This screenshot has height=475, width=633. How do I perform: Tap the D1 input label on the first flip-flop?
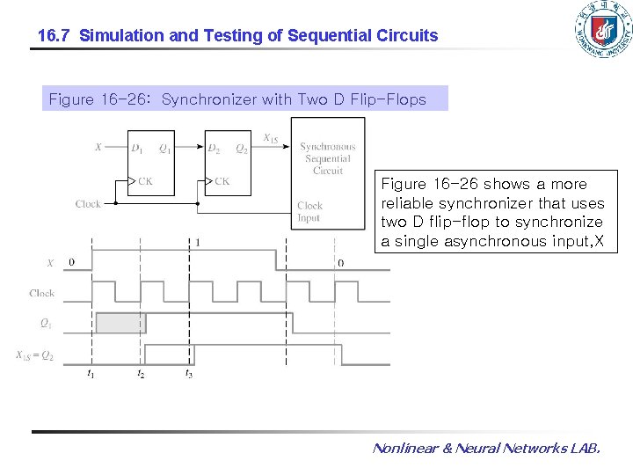pos(137,148)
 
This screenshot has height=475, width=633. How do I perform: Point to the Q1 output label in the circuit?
pos(164,148)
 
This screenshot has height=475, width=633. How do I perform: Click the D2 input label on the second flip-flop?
pos(214,148)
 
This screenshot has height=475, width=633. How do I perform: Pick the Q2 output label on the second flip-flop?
pos(241,148)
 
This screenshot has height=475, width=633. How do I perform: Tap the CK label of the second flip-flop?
pos(222,181)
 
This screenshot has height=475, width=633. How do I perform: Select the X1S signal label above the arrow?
pos(272,138)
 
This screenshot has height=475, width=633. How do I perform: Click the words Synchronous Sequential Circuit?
pos(328,158)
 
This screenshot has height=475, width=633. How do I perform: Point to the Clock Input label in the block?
pos(309,211)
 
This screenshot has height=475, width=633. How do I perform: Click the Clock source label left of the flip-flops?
pos(88,204)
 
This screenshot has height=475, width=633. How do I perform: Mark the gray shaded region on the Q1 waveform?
pos(120,323)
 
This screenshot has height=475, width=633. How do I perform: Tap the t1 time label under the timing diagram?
pos(91,374)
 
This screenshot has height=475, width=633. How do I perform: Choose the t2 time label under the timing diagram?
pos(141,374)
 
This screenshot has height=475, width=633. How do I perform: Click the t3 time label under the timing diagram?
pos(188,374)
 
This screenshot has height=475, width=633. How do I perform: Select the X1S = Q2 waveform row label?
pos(35,355)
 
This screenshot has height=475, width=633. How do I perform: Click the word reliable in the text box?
pos(409,203)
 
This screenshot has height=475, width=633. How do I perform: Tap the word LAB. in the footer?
pos(585,449)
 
